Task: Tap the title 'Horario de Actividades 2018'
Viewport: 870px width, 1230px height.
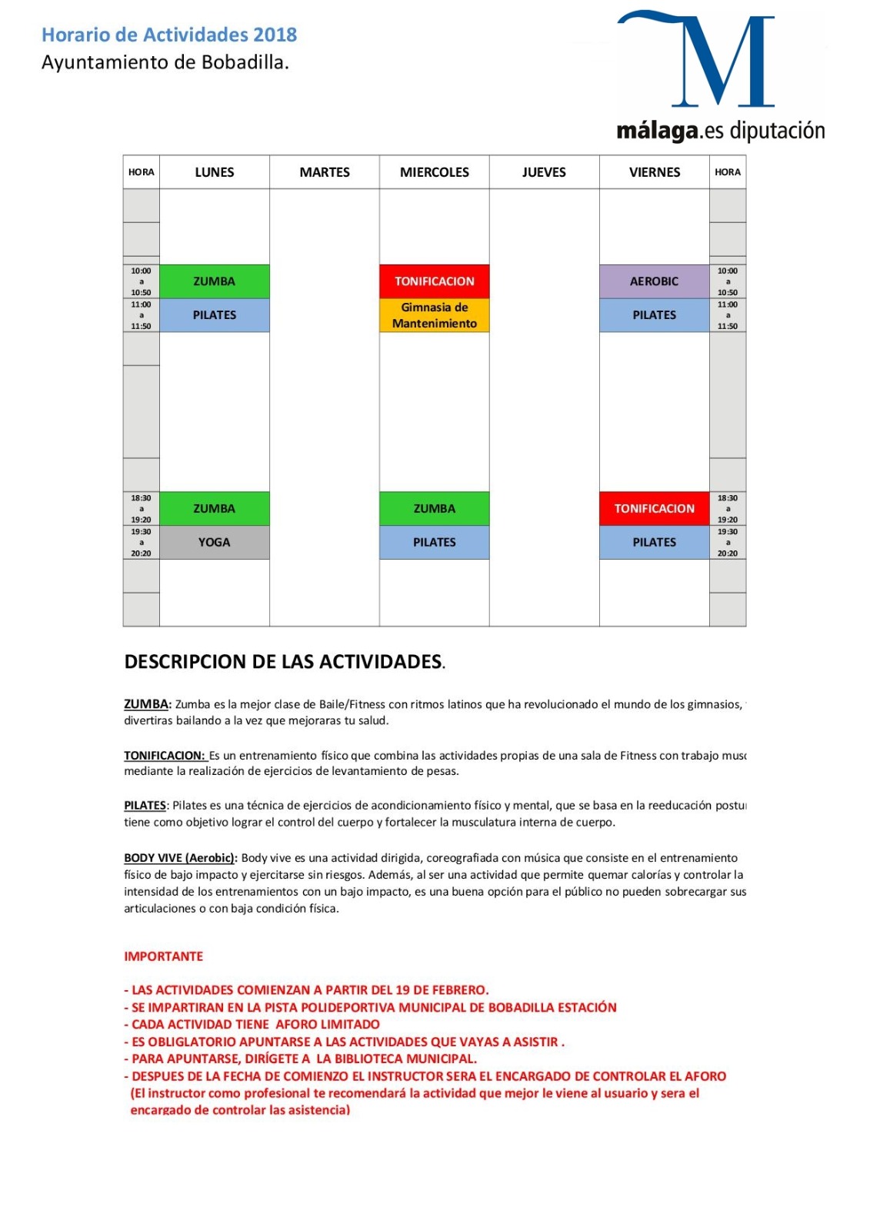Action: point(169,35)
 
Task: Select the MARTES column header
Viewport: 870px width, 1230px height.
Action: point(325,172)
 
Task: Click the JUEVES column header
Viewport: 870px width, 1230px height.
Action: point(544,172)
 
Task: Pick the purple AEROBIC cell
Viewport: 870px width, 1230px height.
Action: point(654,281)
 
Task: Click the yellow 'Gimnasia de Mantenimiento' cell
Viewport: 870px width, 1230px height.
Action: point(435,315)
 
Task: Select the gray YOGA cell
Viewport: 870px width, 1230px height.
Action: point(214,542)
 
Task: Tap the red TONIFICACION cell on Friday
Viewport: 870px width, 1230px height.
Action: point(654,508)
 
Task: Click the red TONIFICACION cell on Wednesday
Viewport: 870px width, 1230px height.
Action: point(435,281)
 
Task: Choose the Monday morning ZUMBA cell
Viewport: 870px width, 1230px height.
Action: point(214,281)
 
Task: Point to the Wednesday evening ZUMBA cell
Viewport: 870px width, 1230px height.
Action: point(435,508)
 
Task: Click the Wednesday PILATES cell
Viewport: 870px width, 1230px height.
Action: point(435,542)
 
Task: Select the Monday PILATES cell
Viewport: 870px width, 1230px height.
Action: point(214,315)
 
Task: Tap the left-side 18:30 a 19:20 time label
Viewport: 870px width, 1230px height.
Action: point(141,508)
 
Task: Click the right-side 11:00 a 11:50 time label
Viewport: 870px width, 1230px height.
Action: point(728,315)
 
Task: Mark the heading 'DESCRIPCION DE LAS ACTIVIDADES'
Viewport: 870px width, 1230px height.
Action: point(283,662)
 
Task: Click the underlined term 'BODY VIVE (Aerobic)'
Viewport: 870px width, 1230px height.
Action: point(179,858)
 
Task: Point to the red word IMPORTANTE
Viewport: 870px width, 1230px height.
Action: point(164,956)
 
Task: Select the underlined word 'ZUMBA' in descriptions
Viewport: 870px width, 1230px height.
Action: point(146,704)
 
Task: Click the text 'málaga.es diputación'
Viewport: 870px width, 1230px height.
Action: point(720,131)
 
